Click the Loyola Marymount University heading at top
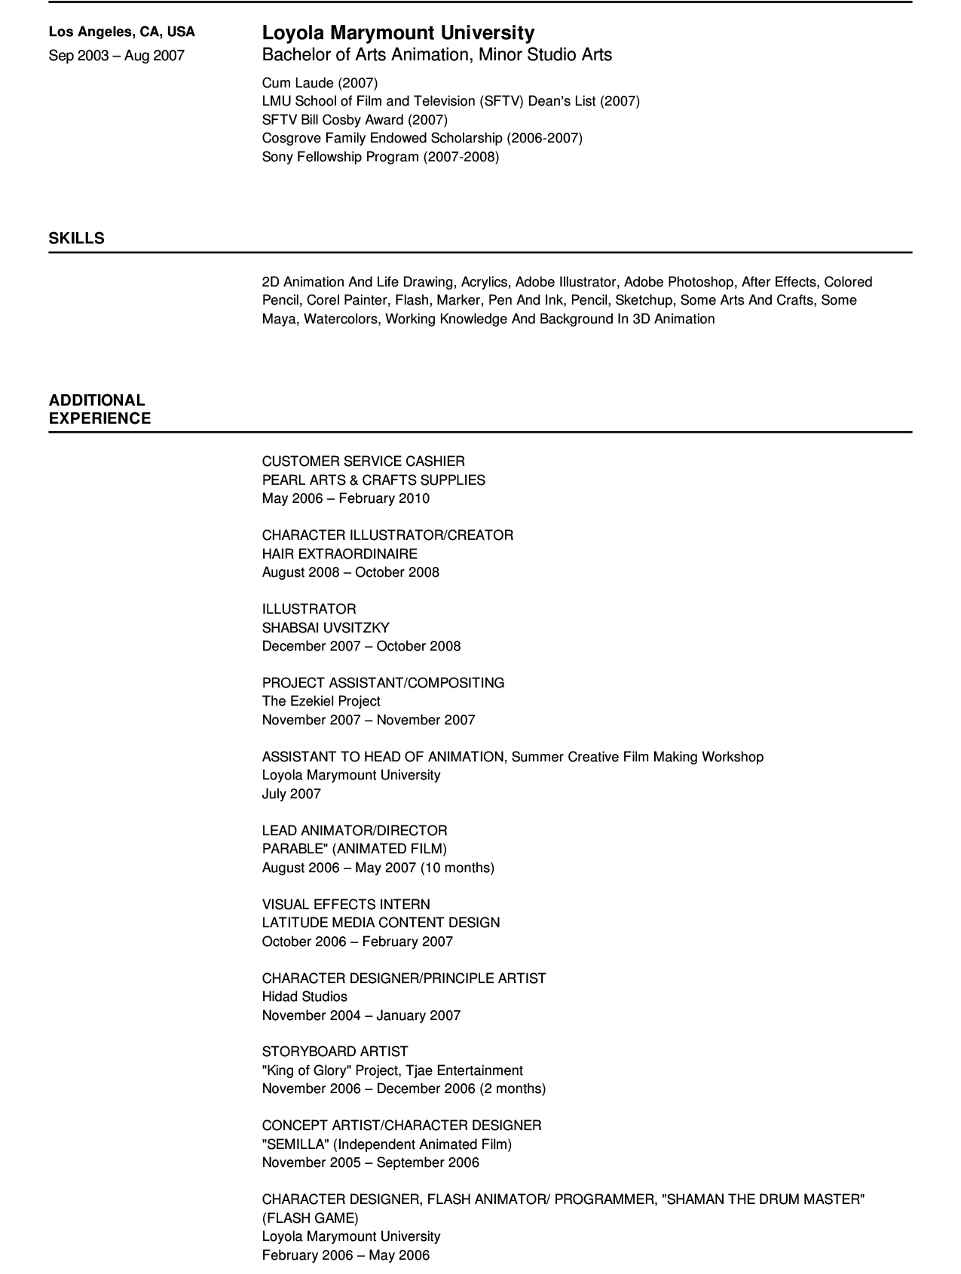pyautogui.click(x=398, y=33)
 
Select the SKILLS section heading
pyautogui.click(x=77, y=238)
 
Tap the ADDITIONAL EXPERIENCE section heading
pyautogui.click(x=99, y=409)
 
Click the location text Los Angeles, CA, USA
pyautogui.click(x=122, y=32)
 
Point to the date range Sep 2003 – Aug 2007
pyautogui.click(x=117, y=56)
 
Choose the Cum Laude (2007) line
pyautogui.click(x=320, y=83)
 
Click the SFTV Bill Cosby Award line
pyautogui.click(x=354, y=120)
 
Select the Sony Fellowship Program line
pyautogui.click(x=380, y=157)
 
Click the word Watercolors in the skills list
pyautogui.click(x=343, y=319)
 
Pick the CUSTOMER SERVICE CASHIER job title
pyautogui.click(x=363, y=461)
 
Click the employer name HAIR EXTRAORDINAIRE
pyautogui.click(x=339, y=554)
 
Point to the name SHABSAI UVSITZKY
pyautogui.click(x=326, y=628)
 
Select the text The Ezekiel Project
pyautogui.click(x=321, y=701)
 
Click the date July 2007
pyautogui.click(x=292, y=794)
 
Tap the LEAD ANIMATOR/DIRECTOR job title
pyautogui.click(x=354, y=831)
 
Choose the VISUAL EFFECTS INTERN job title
pyautogui.click(x=346, y=905)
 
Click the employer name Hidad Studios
pyautogui.click(x=305, y=997)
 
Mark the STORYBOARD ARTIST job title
pyautogui.click(x=335, y=1052)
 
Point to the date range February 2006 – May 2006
pyautogui.click(x=346, y=1255)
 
